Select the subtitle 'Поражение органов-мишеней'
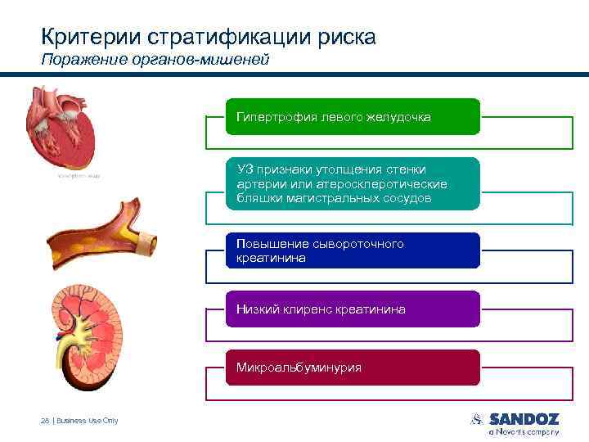[155, 61]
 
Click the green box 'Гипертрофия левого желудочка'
[353, 117]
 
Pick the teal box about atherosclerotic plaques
[353, 184]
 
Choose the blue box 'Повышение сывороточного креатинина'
[353, 250]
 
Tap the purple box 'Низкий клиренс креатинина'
[353, 309]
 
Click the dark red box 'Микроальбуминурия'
[353, 368]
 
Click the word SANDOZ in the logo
[524, 419]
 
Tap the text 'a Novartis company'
[524, 431]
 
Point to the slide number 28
[44, 421]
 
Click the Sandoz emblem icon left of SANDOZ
[478, 419]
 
